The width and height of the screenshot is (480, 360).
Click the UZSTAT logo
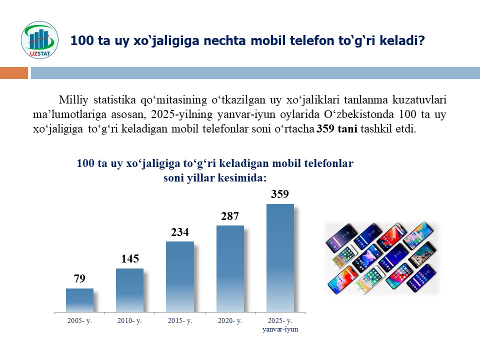pos(39,38)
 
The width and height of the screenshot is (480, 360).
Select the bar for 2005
pos(79,300)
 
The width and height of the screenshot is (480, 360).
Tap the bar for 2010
pos(129,290)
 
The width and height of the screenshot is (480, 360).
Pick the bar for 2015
pos(179,276)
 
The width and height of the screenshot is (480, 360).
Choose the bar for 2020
pos(230,268)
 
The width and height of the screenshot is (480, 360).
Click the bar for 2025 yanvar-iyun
pos(280,257)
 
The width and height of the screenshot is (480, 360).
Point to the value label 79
pos(79,279)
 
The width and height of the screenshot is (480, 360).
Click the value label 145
pos(129,259)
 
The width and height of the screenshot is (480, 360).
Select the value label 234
pos(179,232)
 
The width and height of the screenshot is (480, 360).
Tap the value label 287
pos(230,216)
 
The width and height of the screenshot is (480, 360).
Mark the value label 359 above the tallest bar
pos(280,194)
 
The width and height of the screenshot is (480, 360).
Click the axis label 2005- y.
pos(79,320)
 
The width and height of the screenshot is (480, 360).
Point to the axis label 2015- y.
pos(179,320)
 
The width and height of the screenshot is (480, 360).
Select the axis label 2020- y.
pos(230,320)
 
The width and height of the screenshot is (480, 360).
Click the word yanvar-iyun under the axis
pos(280,329)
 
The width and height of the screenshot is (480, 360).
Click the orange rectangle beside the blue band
pos(14,73)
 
